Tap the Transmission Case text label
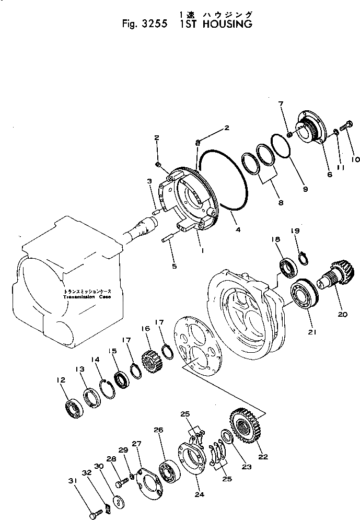(x=87, y=297)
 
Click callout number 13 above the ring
(x=79, y=370)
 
